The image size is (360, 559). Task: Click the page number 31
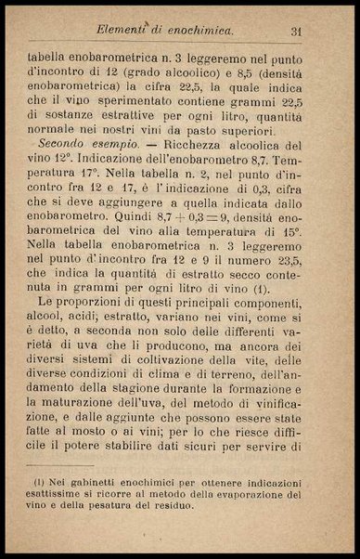pos(297,32)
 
